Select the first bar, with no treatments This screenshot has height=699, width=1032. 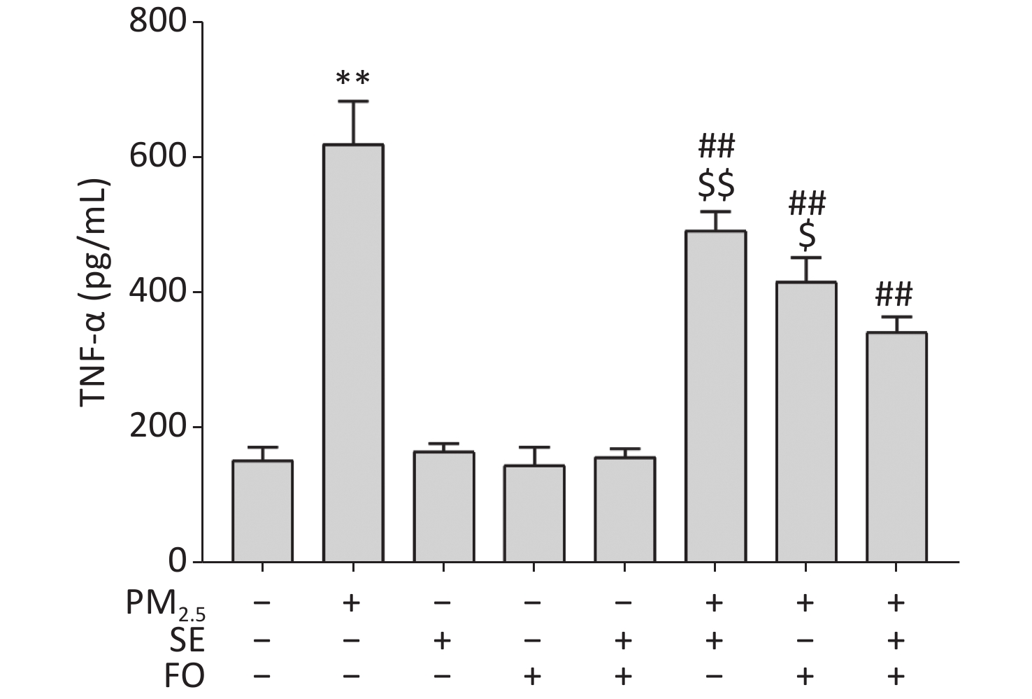pyautogui.click(x=262, y=511)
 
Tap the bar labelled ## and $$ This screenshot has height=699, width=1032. pyautogui.click(x=715, y=396)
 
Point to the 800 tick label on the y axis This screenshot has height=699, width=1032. pyautogui.click(x=159, y=22)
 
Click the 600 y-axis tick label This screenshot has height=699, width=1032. pyautogui.click(x=159, y=157)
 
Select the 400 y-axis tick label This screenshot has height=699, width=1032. pyautogui.click(x=159, y=292)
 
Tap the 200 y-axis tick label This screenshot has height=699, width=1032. pyautogui.click(x=159, y=427)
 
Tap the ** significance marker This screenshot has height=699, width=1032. pyautogui.click(x=352, y=78)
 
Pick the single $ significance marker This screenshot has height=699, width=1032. pyautogui.click(x=807, y=236)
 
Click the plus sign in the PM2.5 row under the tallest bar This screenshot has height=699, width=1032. pyautogui.click(x=352, y=602)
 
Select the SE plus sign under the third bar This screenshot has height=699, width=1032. pyautogui.click(x=443, y=640)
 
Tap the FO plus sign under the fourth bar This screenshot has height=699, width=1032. pyautogui.click(x=533, y=676)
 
